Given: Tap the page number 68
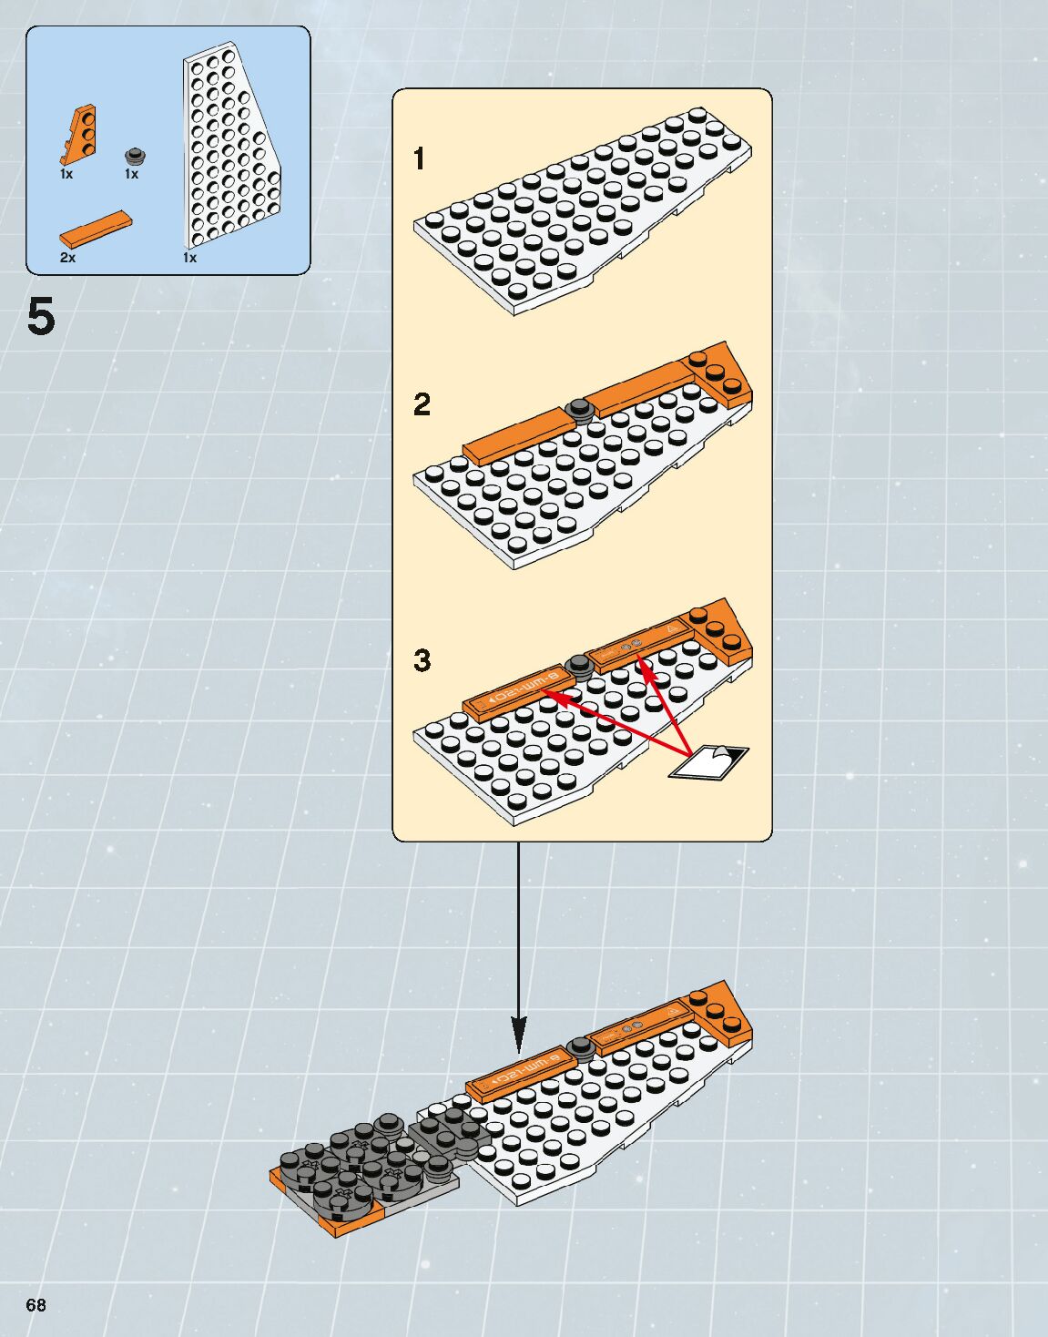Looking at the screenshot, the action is click(x=36, y=1305).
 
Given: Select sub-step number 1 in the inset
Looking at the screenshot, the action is click(x=419, y=159).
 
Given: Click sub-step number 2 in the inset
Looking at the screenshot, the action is click(x=421, y=404).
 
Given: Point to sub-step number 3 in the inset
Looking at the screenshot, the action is click(x=422, y=660).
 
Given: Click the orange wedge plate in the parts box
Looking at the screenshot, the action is click(x=79, y=134).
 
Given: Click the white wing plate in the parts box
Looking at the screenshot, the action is click(x=228, y=150).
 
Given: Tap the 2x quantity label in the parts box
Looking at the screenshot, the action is click(x=67, y=258).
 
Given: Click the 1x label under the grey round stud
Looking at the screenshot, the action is click(x=132, y=174).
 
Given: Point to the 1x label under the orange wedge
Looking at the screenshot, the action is click(x=66, y=173).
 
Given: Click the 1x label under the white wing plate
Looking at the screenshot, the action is click(x=189, y=258).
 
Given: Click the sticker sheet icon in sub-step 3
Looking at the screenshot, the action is click(x=709, y=762).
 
